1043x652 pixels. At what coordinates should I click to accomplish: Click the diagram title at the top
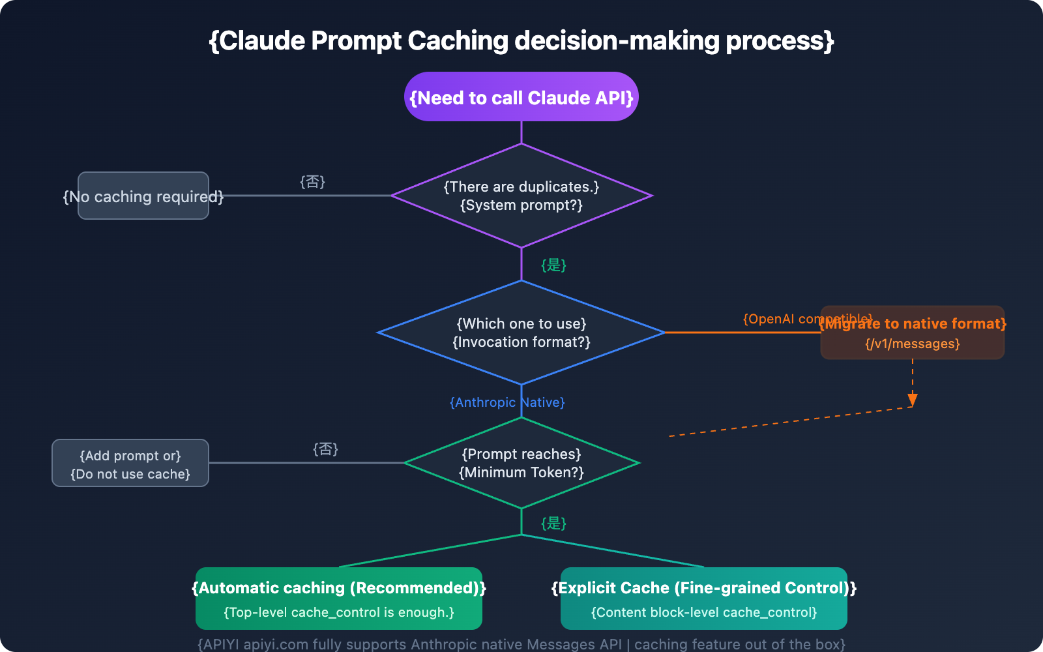[x=521, y=40]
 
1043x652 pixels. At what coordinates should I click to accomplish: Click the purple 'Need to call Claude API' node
[x=521, y=97]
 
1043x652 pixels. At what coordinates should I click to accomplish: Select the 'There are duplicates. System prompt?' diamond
[x=521, y=196]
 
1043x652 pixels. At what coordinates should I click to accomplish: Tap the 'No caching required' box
[x=143, y=196]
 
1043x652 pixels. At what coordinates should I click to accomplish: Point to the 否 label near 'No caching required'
[x=312, y=181]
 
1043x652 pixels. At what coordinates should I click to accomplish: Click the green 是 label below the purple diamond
[x=553, y=265]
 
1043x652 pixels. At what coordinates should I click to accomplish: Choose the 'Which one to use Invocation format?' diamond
[x=521, y=333]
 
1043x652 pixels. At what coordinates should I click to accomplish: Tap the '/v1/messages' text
[x=913, y=344]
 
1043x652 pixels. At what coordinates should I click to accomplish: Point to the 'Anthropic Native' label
[x=507, y=402]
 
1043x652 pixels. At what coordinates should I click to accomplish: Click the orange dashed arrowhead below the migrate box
[x=913, y=400]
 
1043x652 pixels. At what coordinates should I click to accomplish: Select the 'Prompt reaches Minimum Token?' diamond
[x=521, y=463]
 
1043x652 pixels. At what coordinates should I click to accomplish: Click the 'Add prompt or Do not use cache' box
[x=130, y=464]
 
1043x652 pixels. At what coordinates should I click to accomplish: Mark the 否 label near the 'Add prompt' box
[x=325, y=449]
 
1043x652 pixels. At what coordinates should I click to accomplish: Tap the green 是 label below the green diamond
[x=553, y=523]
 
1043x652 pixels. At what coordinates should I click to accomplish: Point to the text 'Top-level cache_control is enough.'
[x=339, y=613]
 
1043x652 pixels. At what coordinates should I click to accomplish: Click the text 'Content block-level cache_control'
[x=704, y=613]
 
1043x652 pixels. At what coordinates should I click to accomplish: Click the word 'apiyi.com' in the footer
[x=276, y=644]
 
